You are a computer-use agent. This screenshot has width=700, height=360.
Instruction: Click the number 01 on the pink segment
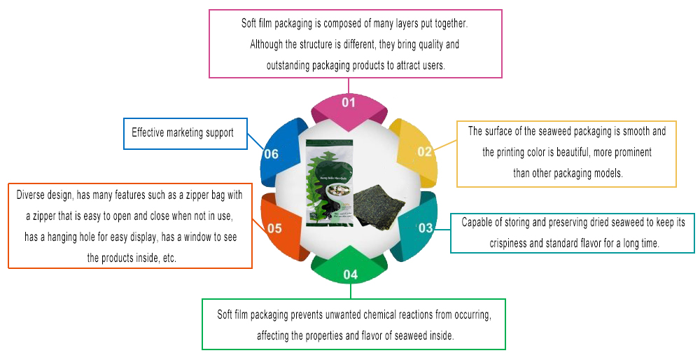(349, 103)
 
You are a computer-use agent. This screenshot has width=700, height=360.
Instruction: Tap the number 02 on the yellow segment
(425, 151)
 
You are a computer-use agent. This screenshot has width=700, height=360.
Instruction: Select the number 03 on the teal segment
(426, 228)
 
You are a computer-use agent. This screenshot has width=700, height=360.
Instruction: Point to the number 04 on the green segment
(351, 275)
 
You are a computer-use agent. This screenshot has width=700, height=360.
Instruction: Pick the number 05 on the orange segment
(274, 228)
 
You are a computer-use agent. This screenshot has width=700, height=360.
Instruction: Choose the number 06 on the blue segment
(271, 154)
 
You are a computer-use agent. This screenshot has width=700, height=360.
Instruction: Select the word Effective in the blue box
(148, 132)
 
